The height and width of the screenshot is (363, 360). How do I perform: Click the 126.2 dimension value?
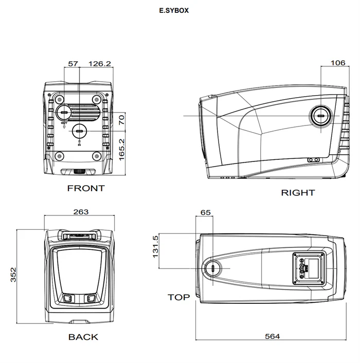(x=100, y=64)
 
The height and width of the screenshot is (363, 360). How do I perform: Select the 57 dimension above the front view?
(x=73, y=64)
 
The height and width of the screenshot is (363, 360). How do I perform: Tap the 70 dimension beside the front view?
(x=122, y=120)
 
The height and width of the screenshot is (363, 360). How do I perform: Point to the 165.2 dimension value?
(x=122, y=150)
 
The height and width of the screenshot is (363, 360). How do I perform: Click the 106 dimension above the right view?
(x=337, y=63)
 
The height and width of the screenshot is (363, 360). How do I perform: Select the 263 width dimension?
(x=81, y=211)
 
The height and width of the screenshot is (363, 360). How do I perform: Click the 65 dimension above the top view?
(x=205, y=212)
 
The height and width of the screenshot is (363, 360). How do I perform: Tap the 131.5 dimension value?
(x=156, y=247)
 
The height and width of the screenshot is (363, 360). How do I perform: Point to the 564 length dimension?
(x=272, y=337)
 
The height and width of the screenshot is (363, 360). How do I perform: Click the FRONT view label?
(x=86, y=188)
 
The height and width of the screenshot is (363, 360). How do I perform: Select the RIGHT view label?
(x=297, y=193)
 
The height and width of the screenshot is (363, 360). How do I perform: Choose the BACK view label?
(x=83, y=337)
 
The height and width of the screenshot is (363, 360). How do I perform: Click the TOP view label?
(x=178, y=297)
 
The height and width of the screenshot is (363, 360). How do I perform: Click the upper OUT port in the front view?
(x=65, y=113)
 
